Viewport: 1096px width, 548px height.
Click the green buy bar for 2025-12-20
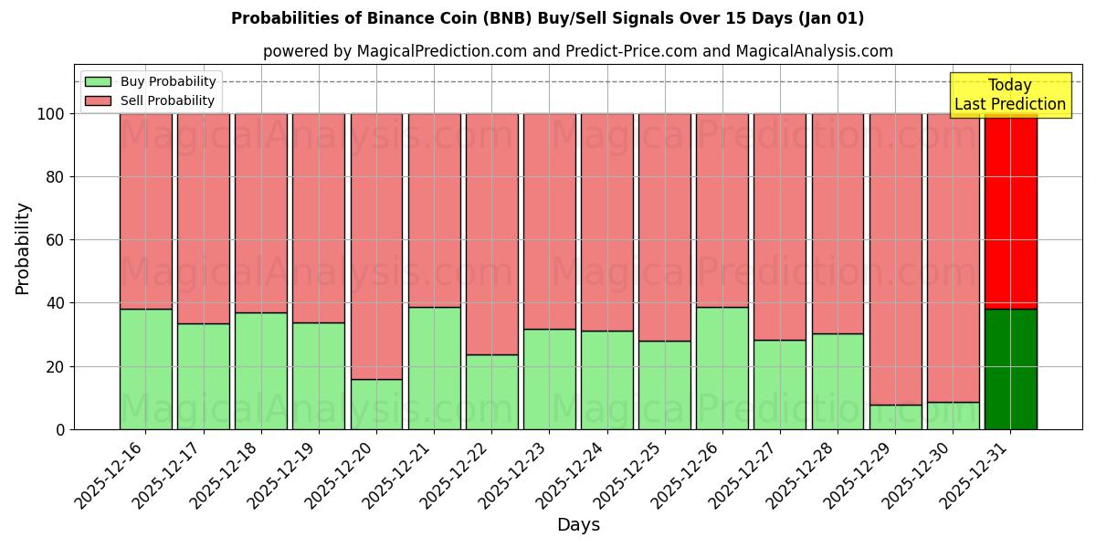[376, 404]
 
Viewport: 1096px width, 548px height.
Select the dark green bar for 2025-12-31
[1010, 369]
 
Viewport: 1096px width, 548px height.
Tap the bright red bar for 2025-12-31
[1010, 211]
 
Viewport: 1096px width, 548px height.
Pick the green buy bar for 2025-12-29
[895, 416]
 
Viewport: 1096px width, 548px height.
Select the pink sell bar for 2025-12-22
[491, 234]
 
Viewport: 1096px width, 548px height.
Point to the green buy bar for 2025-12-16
[145, 369]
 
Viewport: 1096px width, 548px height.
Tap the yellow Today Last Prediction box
[1010, 95]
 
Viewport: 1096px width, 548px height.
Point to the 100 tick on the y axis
[51, 114]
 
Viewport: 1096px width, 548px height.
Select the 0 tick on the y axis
[59, 429]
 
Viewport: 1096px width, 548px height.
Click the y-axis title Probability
[23, 248]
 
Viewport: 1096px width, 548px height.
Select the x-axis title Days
[578, 525]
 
